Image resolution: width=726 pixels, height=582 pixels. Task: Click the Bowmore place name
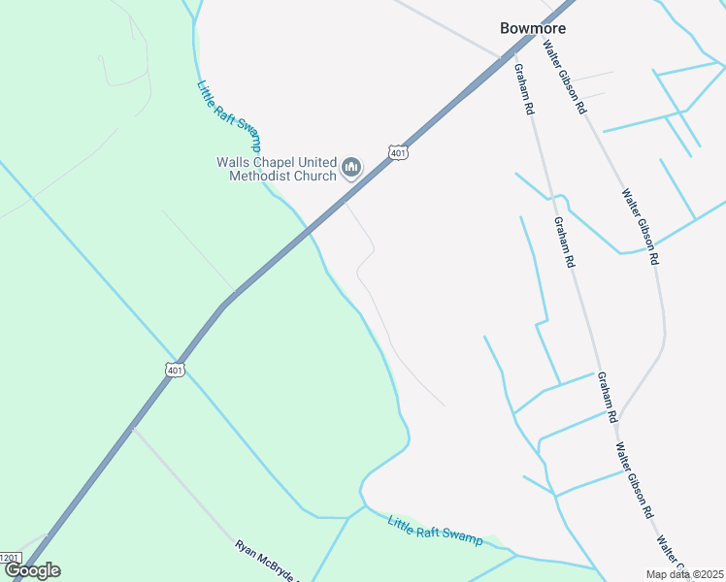pos(532,28)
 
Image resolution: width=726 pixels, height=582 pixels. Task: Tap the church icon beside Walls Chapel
pos(351,169)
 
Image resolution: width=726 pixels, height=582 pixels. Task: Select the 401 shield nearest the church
pos(398,152)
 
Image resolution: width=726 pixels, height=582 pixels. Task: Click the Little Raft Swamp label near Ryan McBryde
pos(435,530)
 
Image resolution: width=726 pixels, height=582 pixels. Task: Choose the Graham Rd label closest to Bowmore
pos(524,90)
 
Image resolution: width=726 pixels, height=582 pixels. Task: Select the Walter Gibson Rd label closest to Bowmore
pos(565,78)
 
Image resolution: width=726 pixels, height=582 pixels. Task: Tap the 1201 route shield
pos(10,557)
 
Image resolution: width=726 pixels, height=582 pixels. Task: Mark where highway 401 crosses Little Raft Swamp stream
pos(309,230)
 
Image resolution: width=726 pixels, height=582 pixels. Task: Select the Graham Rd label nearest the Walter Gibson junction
pos(607,397)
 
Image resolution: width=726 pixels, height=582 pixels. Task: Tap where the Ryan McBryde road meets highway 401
pos(133,427)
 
